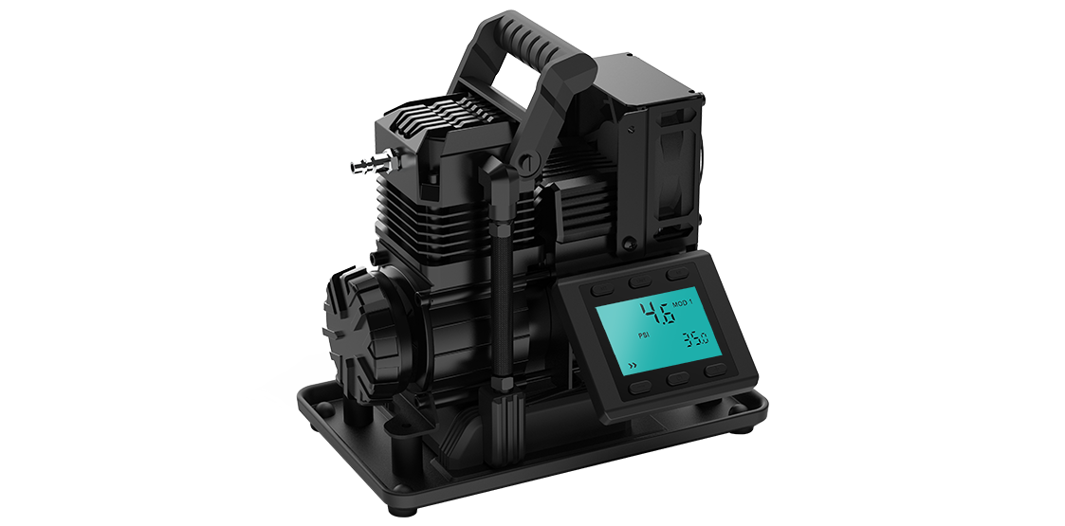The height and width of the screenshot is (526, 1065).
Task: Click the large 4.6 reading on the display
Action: point(658,313)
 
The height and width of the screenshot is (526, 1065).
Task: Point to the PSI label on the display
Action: point(645,335)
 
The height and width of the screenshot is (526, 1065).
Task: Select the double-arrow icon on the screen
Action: point(633,366)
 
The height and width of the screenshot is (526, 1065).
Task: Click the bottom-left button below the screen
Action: point(640,388)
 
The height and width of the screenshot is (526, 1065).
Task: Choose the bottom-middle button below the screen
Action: point(678,379)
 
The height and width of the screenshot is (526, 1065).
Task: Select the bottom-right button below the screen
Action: point(714,370)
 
